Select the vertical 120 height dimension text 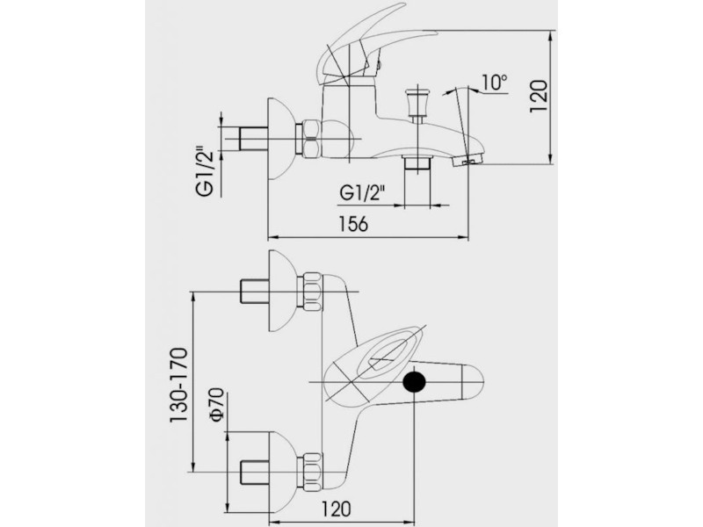tap(539, 96)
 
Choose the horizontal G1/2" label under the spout tap(363, 191)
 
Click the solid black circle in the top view tap(415, 382)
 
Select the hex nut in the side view tap(309, 140)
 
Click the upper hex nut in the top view tap(310, 292)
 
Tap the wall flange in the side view tap(280, 139)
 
